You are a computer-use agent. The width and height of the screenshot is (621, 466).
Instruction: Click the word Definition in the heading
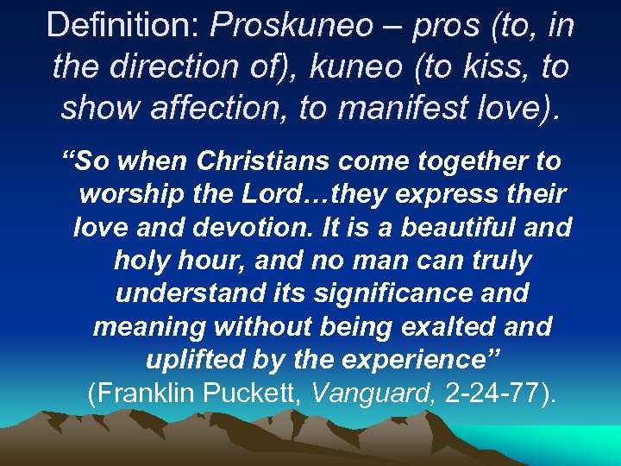(120, 25)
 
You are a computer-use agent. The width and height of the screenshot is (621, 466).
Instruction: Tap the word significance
(382, 293)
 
